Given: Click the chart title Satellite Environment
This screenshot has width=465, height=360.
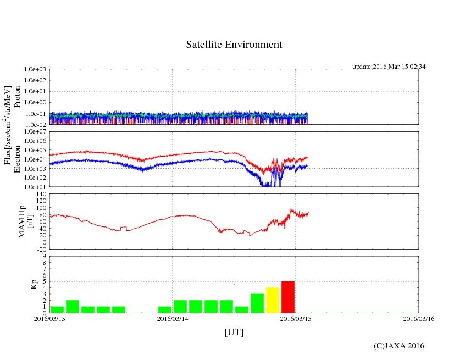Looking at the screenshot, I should tap(234, 45).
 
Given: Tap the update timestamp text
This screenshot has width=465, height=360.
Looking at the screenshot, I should tap(389, 67).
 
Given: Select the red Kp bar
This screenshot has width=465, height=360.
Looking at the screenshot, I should tap(288, 297).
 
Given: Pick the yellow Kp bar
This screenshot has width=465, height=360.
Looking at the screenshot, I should tap(273, 300).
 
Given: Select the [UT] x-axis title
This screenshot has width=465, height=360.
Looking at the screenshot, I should tap(234, 333).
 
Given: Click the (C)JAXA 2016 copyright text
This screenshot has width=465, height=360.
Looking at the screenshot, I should tap(398, 346).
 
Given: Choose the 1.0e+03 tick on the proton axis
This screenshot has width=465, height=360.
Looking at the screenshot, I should tap(35, 70).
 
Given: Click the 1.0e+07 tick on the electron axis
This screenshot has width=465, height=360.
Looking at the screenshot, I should tap(35, 132).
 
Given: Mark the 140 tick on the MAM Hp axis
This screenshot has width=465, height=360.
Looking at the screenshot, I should tap(41, 194).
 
